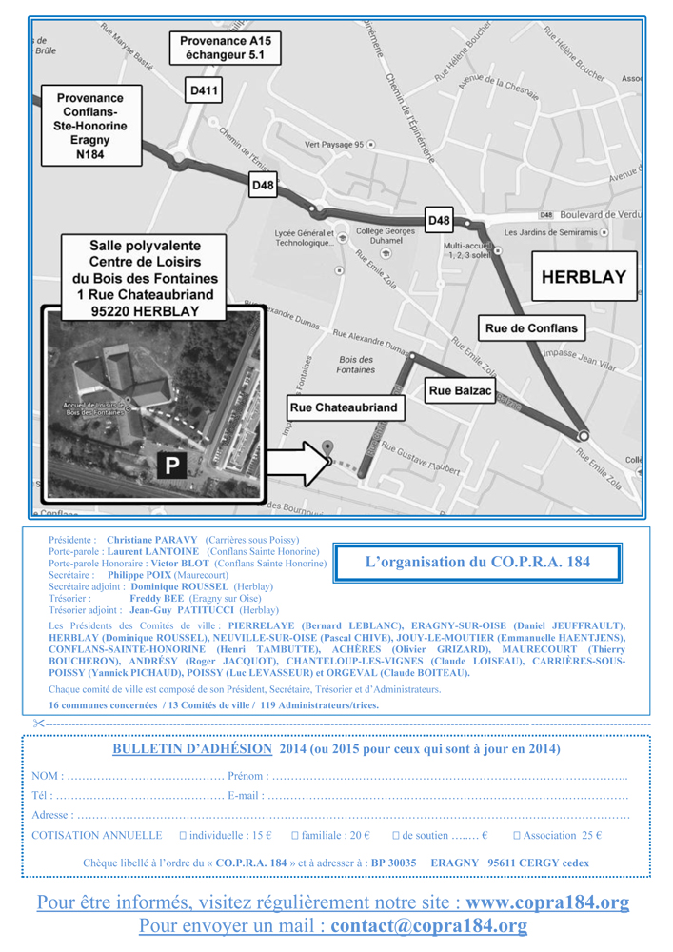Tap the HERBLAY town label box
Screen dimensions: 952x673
pos(584,277)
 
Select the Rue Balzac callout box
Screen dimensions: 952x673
pos(460,390)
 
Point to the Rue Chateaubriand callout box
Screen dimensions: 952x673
pos(345,407)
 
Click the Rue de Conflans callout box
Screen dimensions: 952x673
pos(531,328)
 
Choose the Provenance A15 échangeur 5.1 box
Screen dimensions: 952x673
pos(225,49)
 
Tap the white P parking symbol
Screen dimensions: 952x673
pos(172,466)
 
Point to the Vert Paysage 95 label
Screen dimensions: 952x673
pos(334,145)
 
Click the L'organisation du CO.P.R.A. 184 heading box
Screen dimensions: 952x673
pos(477,563)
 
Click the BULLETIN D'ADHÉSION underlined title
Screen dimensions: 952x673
pos(192,749)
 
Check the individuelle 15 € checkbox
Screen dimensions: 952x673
pos(183,835)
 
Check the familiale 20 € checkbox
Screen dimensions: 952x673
pos(295,835)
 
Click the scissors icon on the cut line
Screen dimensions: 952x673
pos(37,724)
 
